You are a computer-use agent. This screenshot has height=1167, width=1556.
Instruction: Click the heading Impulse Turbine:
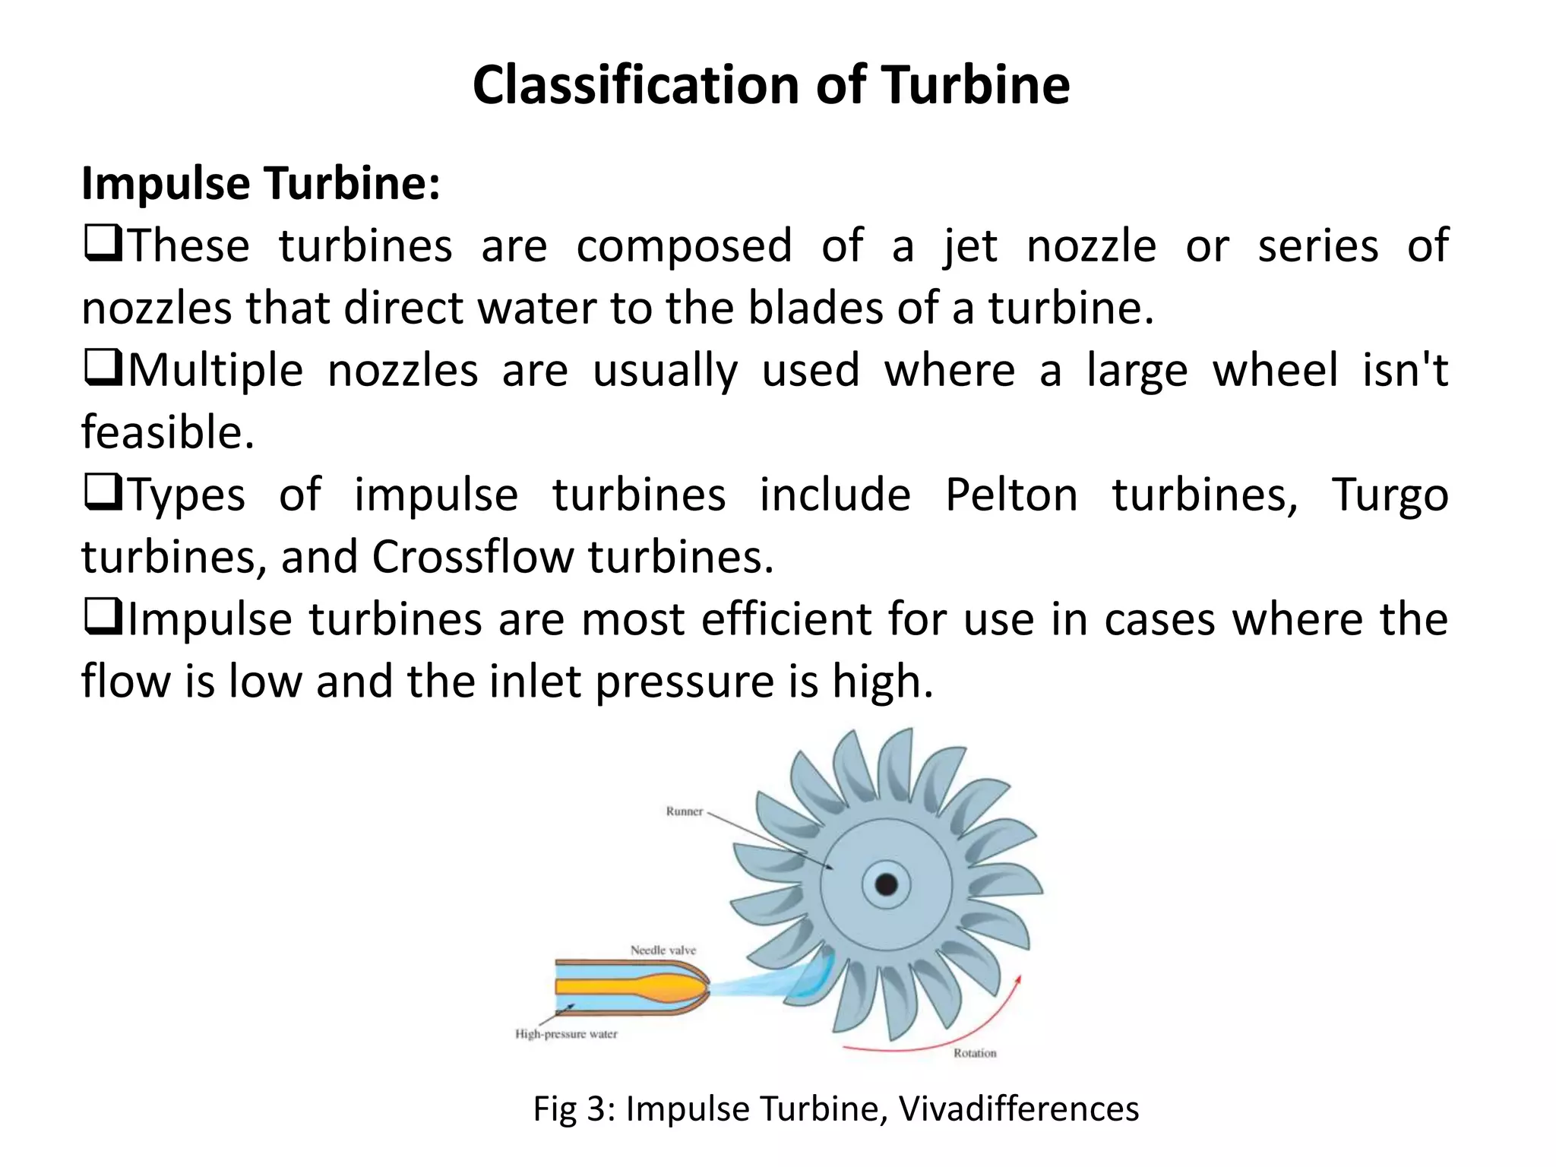[x=261, y=184]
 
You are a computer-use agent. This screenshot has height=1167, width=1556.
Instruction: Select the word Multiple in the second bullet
[x=216, y=372]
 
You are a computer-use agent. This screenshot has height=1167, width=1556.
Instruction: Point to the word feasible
[x=167, y=433]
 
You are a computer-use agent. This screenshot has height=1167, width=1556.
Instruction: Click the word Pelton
[x=1011, y=495]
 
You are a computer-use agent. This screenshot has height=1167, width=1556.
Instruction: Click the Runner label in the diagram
[x=684, y=811]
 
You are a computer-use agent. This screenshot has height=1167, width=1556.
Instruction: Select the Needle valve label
[x=663, y=950]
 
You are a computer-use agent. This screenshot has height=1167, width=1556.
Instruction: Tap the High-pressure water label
[x=566, y=1034]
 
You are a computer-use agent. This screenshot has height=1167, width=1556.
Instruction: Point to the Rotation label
[x=975, y=1053]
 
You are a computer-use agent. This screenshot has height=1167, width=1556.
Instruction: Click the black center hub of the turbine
[x=886, y=884]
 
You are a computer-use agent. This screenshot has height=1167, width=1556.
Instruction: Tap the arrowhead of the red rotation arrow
[x=1017, y=980]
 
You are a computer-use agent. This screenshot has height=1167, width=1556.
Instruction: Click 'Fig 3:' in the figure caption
[x=575, y=1108]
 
